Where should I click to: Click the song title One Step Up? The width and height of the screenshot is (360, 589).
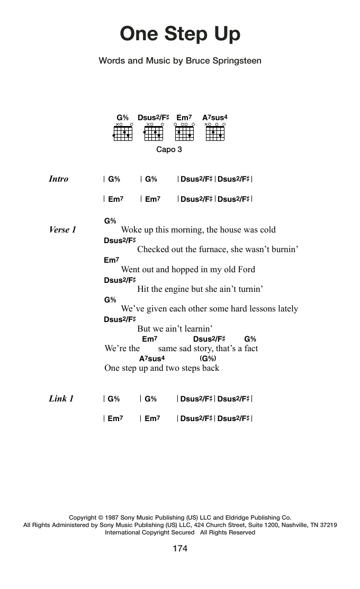(180, 34)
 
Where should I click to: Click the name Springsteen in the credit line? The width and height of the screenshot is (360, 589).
(236, 61)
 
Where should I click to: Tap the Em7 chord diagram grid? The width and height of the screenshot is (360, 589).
(184, 133)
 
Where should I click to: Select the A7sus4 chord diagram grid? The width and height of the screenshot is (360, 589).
(215, 133)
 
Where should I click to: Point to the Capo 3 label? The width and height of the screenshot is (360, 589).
(169, 149)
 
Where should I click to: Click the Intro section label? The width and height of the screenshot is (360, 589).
(58, 179)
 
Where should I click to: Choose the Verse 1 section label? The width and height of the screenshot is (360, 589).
(62, 230)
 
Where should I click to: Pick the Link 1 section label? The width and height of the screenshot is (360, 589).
(61, 399)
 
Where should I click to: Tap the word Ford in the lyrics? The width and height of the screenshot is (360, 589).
(245, 269)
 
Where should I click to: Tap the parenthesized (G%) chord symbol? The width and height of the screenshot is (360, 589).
(208, 359)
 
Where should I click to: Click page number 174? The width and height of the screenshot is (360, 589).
(180, 549)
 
